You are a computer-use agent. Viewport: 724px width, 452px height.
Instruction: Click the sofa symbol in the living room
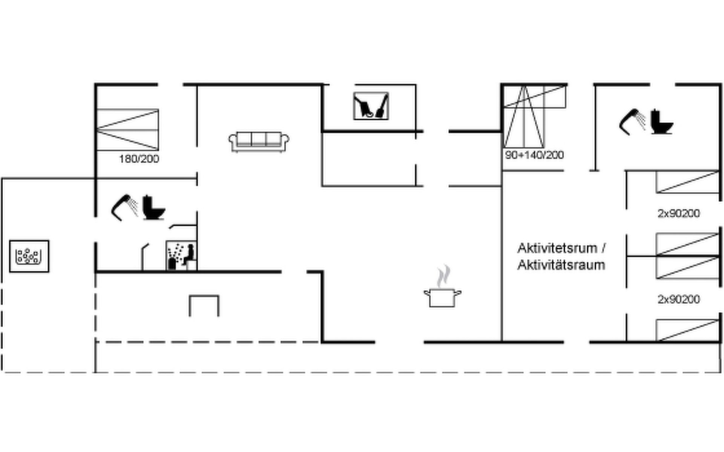pyautogui.click(x=259, y=142)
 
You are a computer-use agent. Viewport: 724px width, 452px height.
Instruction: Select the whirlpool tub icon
pyautogui.click(x=29, y=256)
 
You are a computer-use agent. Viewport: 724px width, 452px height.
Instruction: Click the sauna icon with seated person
pyautogui.click(x=181, y=255)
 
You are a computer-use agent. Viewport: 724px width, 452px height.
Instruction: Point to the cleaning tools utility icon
pyautogui.click(x=371, y=106)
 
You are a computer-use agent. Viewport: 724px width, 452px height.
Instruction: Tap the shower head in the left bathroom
pyautogui.click(x=125, y=207)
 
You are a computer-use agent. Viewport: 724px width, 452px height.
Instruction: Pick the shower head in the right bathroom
pyautogui.click(x=632, y=122)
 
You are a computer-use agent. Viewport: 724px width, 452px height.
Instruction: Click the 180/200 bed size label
pyautogui.click(x=139, y=159)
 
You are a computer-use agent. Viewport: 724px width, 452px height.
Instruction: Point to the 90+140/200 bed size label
pyautogui.click(x=534, y=155)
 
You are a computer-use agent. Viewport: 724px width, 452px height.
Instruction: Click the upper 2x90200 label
pyautogui.click(x=679, y=214)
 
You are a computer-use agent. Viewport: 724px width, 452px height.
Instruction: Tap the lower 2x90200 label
pyautogui.click(x=679, y=299)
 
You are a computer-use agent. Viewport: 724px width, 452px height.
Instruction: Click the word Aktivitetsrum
pyautogui.click(x=558, y=248)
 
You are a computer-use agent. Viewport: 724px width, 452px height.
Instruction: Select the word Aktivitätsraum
pyautogui.click(x=561, y=265)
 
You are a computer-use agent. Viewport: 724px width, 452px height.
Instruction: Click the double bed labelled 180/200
pyautogui.click(x=127, y=130)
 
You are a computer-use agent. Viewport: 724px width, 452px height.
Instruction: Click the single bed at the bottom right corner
pyautogui.click(x=688, y=330)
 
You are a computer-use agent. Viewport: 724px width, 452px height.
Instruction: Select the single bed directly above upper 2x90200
pyautogui.click(x=688, y=182)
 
